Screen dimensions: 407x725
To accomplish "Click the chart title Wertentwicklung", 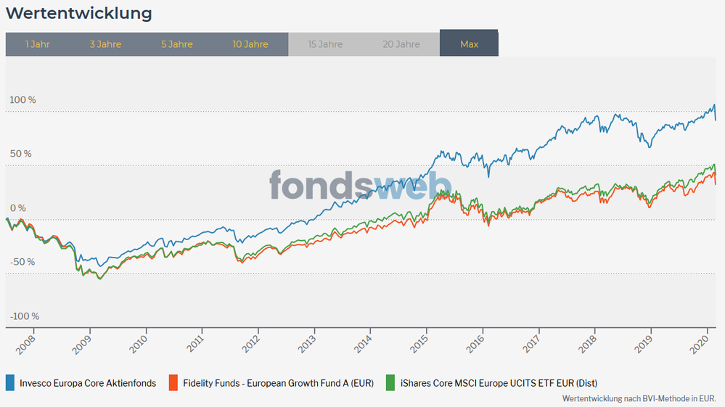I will coord(79,13).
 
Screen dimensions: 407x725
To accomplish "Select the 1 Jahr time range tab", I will coord(37,44).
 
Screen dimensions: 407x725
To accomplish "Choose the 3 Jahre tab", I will coord(105,44).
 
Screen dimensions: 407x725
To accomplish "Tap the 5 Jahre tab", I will coord(177,44).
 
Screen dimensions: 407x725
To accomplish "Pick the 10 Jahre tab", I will coord(250,44).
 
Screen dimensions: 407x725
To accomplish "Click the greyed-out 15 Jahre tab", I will coord(325,44).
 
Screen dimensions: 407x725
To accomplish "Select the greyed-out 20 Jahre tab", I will coord(401,44).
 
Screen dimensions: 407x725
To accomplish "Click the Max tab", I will coord(469,44).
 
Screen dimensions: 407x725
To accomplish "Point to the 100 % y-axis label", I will coord(22,99).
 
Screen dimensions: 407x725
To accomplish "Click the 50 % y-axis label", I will coord(21,154).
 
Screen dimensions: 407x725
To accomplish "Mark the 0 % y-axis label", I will coord(17,208).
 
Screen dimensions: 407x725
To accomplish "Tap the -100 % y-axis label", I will coord(24,316).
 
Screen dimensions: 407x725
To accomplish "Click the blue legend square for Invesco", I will coord(10,383).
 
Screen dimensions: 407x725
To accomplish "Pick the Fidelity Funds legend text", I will coord(278,383).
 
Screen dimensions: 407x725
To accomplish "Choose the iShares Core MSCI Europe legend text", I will coord(499,383).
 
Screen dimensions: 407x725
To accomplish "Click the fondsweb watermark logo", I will coord(361,185).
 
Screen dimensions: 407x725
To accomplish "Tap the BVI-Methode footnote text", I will coord(639,398).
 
